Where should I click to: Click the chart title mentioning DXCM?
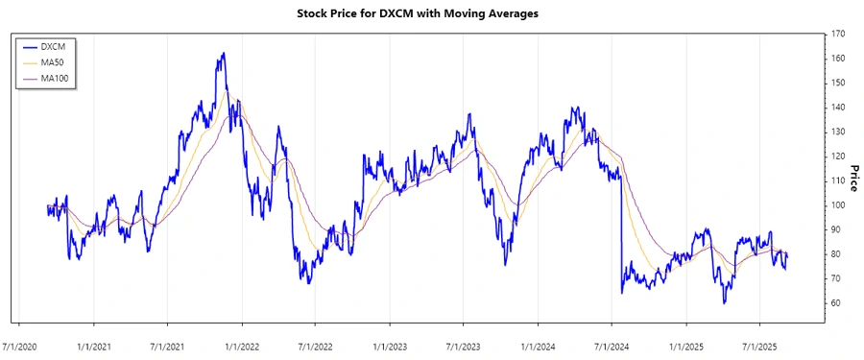point(431,15)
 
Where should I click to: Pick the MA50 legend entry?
point(59,62)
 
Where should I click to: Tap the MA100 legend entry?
point(61,78)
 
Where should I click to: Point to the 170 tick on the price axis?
point(838,34)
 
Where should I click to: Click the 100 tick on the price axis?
point(838,205)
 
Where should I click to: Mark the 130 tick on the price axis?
point(838,132)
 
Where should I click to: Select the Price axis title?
point(853,178)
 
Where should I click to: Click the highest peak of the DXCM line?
point(223,53)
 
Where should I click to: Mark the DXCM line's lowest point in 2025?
point(724,303)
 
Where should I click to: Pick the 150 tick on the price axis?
point(838,83)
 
